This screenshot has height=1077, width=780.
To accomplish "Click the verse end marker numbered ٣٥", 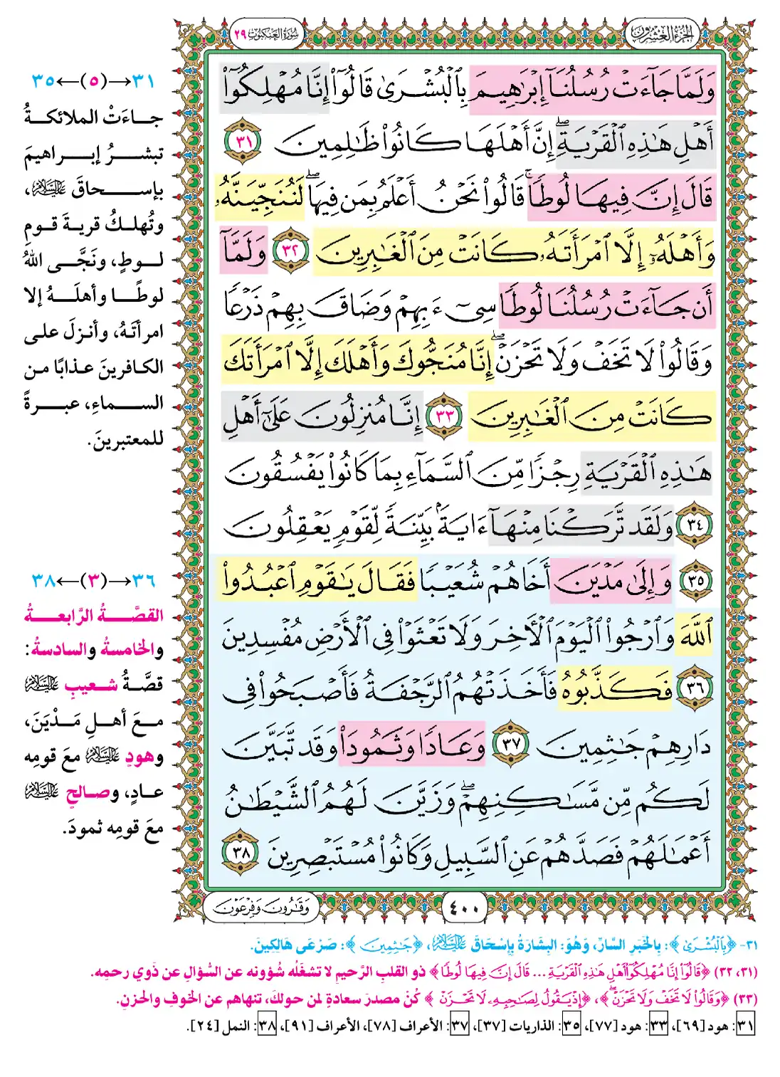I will pyautogui.click(x=695, y=580).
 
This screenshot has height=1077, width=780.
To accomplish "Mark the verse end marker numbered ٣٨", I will pyautogui.click(x=242, y=851).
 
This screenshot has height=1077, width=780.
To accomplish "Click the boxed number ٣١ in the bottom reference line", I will pyautogui.click(x=744, y=1026).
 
